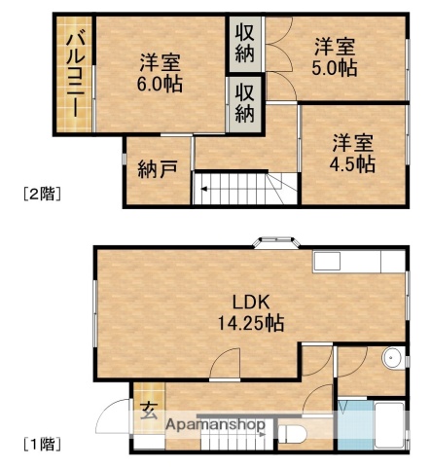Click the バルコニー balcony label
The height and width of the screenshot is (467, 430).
tap(74, 73)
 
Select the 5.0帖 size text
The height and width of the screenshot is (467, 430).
tap(335, 68)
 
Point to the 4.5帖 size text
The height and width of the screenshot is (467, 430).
tap(351, 163)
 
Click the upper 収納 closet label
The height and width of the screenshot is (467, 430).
tap(245, 42)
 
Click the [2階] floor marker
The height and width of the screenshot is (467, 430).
tap(43, 194)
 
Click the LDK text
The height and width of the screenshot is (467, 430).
tap(246, 300)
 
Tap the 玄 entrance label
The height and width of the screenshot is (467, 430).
tap(148, 410)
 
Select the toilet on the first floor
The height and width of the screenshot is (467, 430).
tap(293, 432)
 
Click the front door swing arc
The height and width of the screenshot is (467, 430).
tap(115, 418)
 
